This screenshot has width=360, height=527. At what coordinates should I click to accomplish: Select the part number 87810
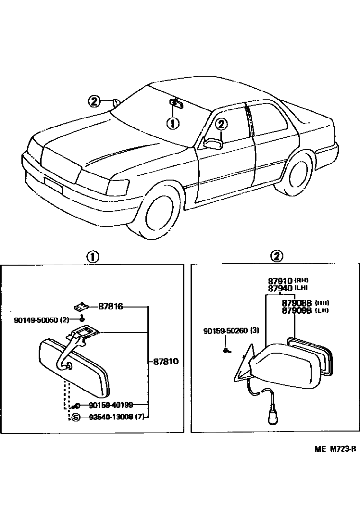pos(165,361)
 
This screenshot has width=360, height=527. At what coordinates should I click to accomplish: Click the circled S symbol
pos(75,417)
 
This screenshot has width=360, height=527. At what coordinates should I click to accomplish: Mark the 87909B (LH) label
pos(306,310)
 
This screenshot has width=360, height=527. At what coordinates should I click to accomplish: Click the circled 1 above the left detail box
pos(92,256)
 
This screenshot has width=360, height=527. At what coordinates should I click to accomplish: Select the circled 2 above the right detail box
pos(277,256)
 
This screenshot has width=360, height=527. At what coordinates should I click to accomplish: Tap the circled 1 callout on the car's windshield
pos(172,124)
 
